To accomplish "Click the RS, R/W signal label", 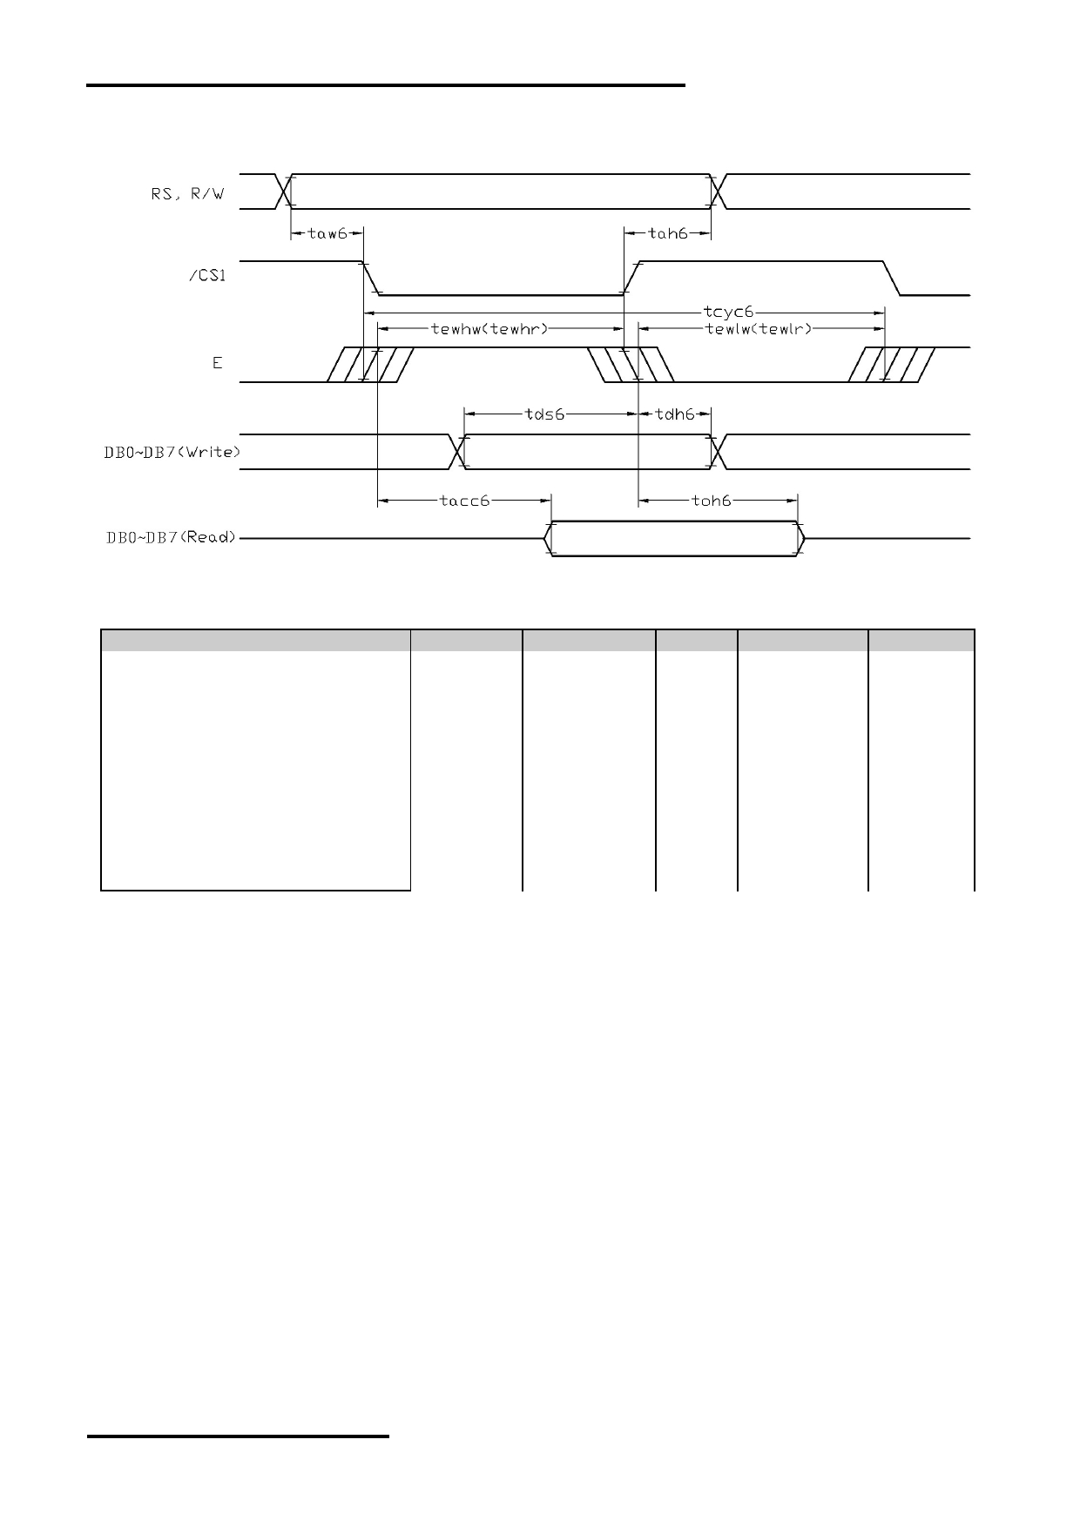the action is (x=187, y=194).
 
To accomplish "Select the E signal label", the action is (x=218, y=363).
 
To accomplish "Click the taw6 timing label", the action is (x=327, y=233).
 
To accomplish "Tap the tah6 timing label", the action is (x=669, y=233).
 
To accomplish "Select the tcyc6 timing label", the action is (x=727, y=311).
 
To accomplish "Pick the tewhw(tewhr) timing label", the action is (x=489, y=329).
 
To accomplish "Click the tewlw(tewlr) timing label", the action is (x=758, y=329).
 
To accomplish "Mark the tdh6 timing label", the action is (x=675, y=414).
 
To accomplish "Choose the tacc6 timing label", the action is (x=464, y=501).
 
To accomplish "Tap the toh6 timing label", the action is (x=711, y=501).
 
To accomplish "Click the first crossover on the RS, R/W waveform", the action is (x=283, y=192).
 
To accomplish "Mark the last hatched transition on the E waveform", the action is (x=893, y=365).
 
